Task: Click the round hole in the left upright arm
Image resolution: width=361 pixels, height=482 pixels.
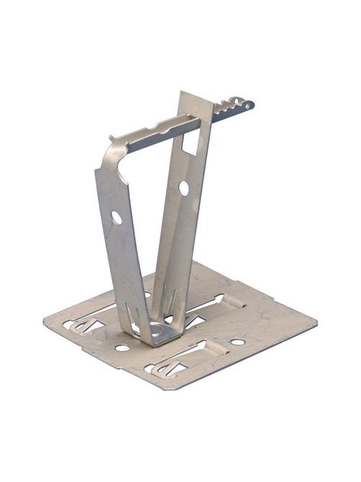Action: pos(116,217)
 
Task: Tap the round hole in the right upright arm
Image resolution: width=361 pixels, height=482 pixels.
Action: pos(183,188)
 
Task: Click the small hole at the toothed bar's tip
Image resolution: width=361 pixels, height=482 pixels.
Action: pos(247,106)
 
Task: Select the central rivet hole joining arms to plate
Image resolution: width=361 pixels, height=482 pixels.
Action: pos(157,330)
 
